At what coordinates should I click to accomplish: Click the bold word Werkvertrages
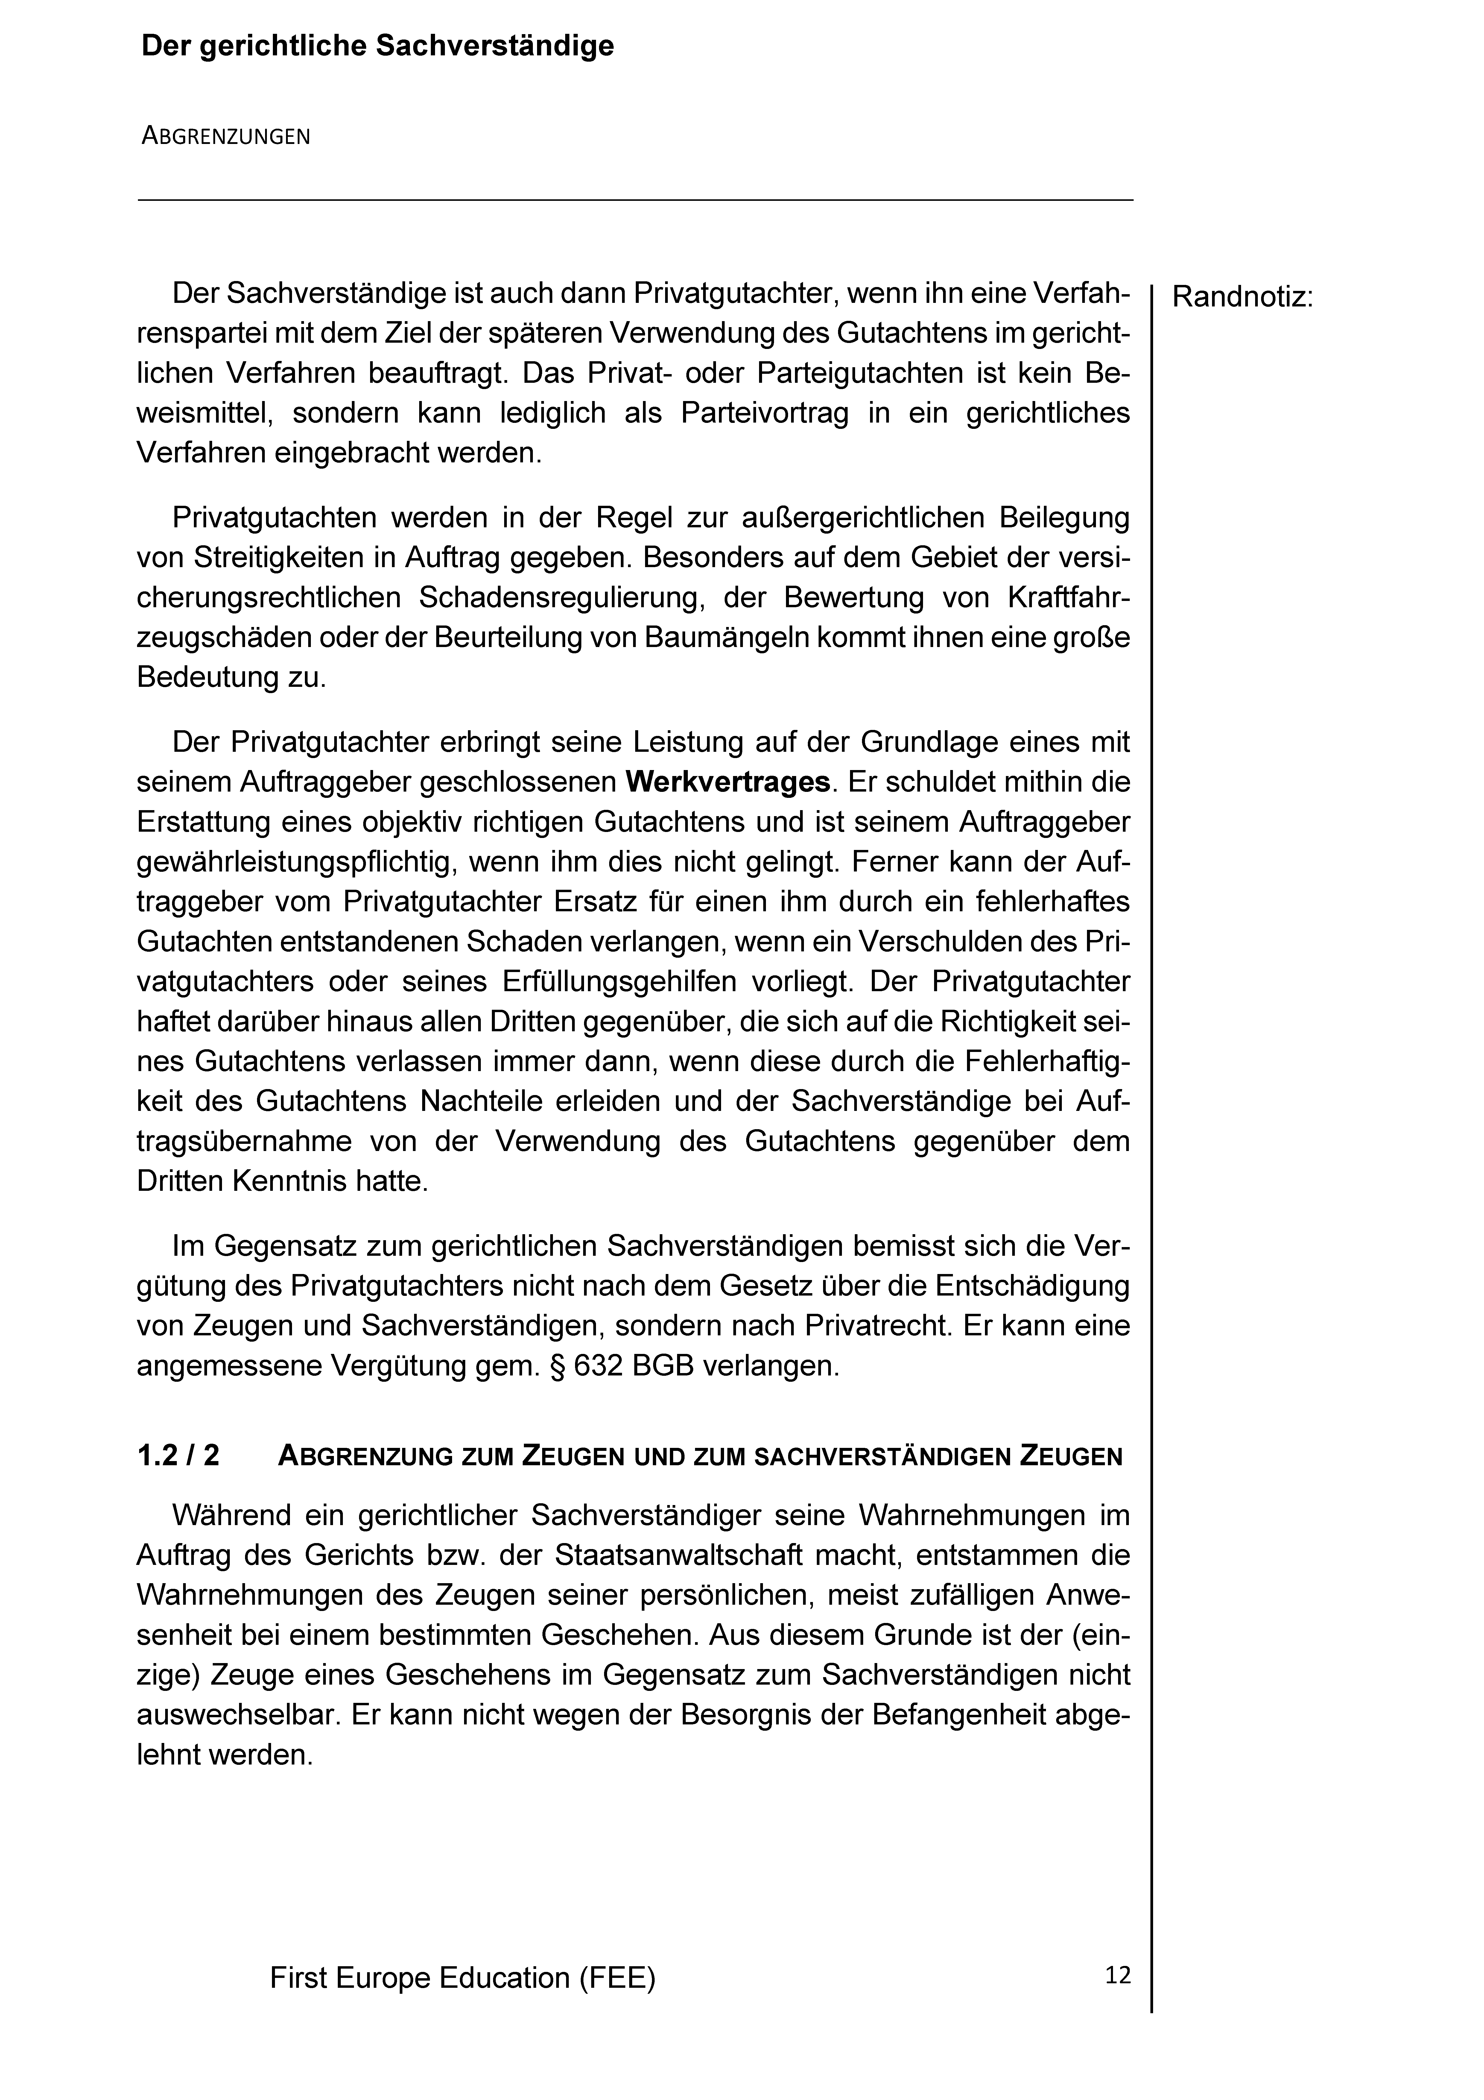tap(728, 783)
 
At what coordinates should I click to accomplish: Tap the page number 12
tap(1117, 1976)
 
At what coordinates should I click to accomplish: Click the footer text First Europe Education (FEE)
tap(463, 1978)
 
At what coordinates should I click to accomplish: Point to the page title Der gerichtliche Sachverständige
tap(377, 47)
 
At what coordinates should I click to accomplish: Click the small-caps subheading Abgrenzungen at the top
tap(226, 137)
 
